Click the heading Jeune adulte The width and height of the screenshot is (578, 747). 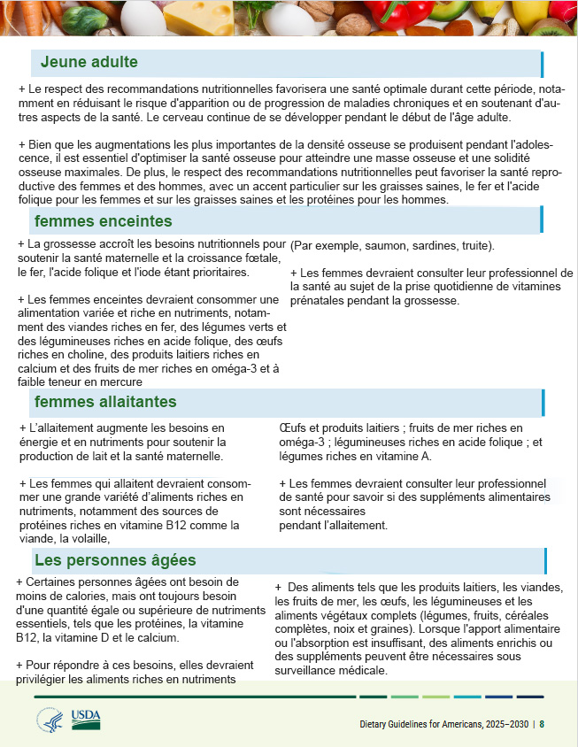[x=89, y=62]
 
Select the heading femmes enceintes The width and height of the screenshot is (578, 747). [x=103, y=221]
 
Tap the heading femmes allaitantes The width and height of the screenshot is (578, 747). [x=105, y=402]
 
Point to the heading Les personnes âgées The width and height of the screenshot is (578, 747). [x=115, y=560]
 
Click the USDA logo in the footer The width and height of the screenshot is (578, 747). [x=87, y=719]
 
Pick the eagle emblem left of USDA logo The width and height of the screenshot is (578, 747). [x=50, y=720]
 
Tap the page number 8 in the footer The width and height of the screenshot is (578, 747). [x=542, y=724]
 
